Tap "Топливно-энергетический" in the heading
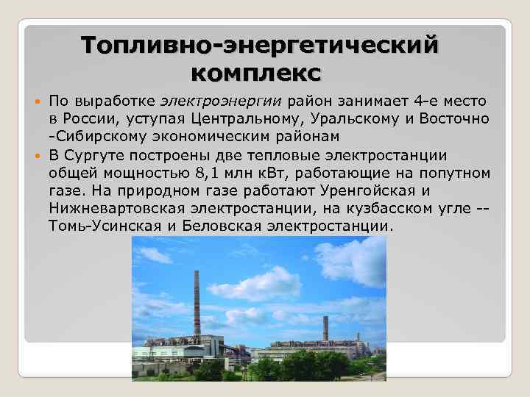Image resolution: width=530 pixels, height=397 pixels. (x=260, y=44)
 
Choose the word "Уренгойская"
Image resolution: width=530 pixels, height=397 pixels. (x=367, y=190)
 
